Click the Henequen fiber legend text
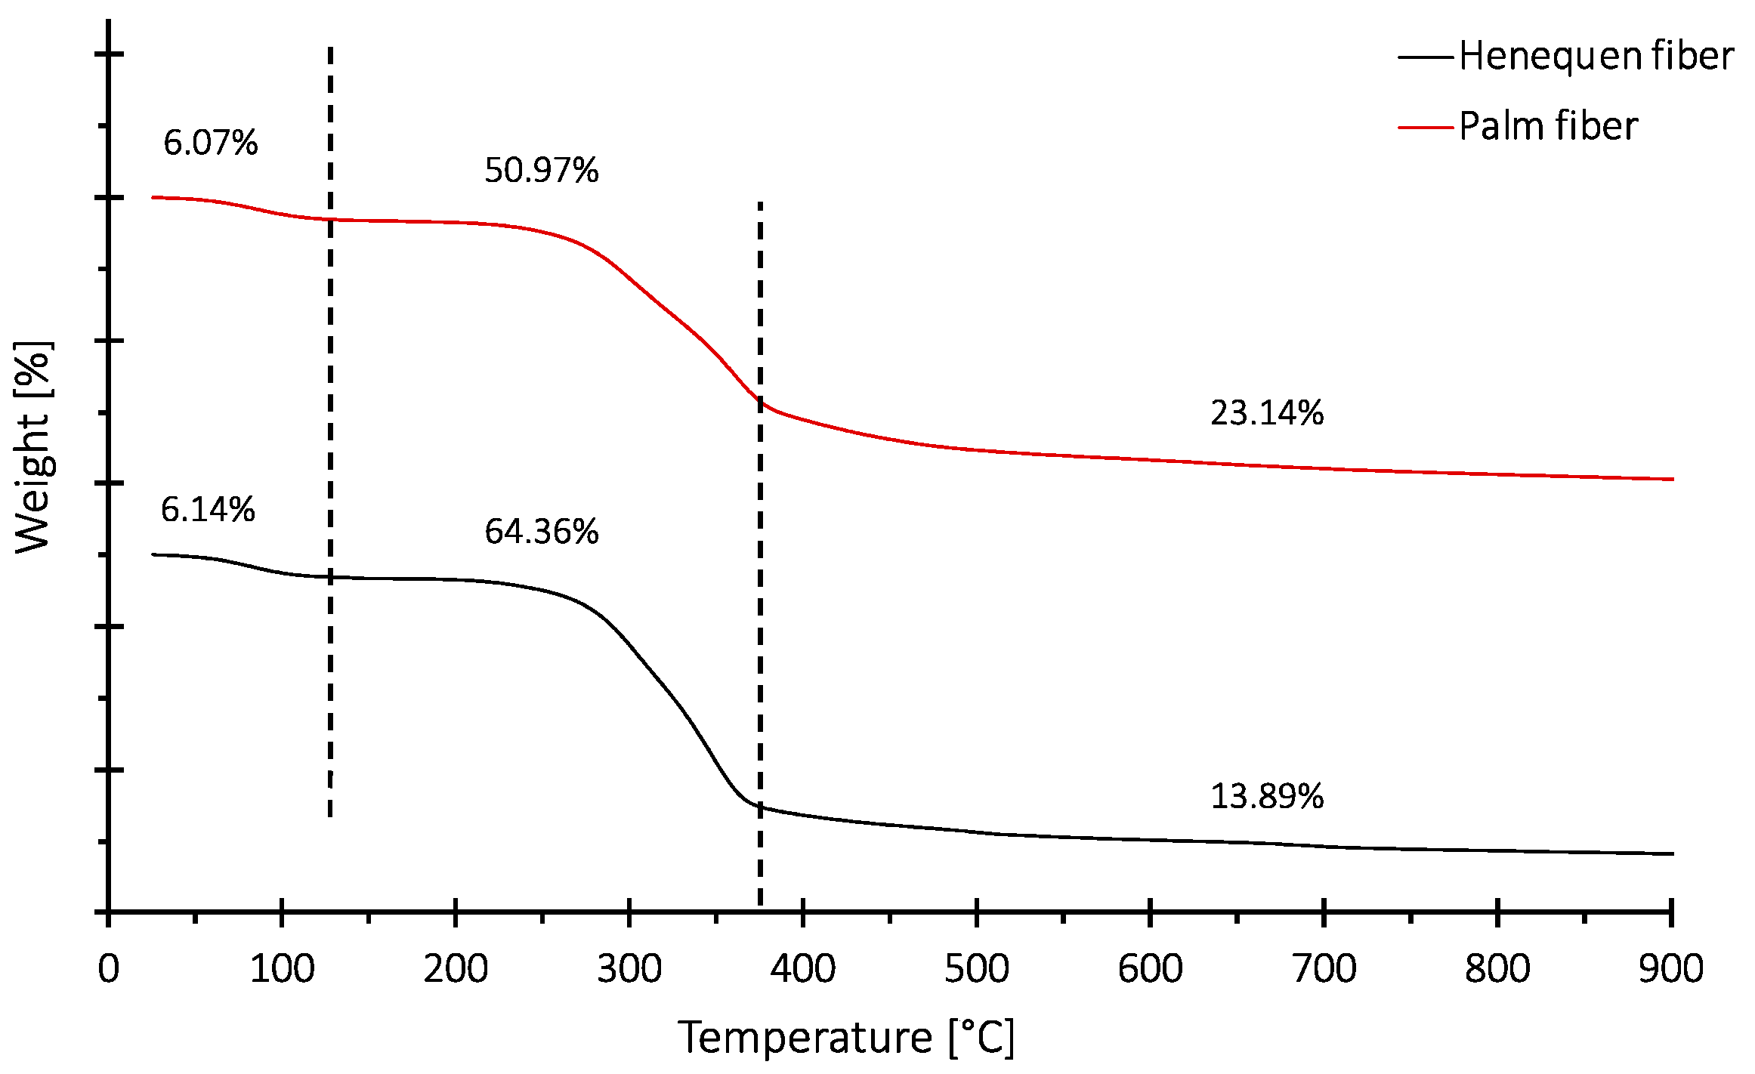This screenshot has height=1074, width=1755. [x=1596, y=56]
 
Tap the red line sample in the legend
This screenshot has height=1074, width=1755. [x=1425, y=127]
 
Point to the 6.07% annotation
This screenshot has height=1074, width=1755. [x=210, y=143]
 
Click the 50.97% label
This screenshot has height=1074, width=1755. [x=541, y=170]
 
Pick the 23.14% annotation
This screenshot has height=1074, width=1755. [x=1266, y=413]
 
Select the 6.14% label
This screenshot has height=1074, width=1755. [x=208, y=510]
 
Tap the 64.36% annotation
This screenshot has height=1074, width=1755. [x=541, y=532]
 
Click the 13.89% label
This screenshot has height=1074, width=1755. [x=1266, y=797]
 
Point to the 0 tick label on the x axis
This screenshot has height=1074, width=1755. [x=109, y=969]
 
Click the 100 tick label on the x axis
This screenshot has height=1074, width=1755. [x=282, y=969]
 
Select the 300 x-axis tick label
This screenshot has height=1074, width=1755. [x=629, y=969]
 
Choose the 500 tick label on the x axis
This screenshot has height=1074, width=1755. [x=976, y=969]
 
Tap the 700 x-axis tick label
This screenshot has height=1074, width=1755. [x=1324, y=969]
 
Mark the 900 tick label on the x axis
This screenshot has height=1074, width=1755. [x=1670, y=969]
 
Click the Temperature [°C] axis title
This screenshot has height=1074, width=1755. [x=845, y=1038]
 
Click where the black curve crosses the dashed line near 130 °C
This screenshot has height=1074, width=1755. [x=330, y=577]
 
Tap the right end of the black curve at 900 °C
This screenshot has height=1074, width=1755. [x=1672, y=853]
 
